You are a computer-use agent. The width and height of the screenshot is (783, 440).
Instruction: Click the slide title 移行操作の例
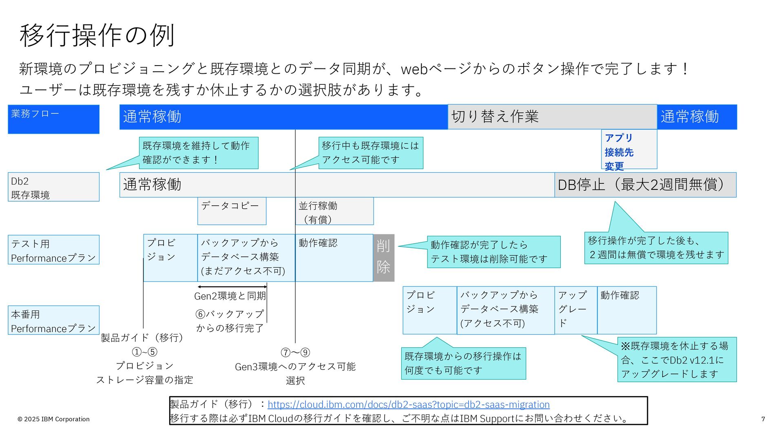pyautogui.click(x=97, y=35)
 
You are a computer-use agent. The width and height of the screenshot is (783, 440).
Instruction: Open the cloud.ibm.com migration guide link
pyautogui.click(x=408, y=405)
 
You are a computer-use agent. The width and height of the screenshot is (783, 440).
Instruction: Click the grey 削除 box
pyautogui.click(x=384, y=257)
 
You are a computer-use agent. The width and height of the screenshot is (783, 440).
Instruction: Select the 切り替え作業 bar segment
pyautogui.click(x=552, y=117)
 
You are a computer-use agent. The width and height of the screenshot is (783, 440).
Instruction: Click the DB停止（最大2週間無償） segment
pyautogui.click(x=645, y=185)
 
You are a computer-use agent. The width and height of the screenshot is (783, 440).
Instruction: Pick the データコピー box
pyautogui.click(x=232, y=211)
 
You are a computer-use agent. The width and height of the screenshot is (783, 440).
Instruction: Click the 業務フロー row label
pyautogui.click(x=53, y=119)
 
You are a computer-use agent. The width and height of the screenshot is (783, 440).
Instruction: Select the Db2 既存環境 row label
pyautogui.click(x=53, y=187)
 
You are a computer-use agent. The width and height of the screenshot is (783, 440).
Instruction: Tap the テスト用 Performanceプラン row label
pyautogui.click(x=53, y=250)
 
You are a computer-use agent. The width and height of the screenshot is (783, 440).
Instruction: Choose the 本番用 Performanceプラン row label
pyautogui.click(x=53, y=320)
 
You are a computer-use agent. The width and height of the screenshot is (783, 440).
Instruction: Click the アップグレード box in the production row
pyautogui.click(x=575, y=310)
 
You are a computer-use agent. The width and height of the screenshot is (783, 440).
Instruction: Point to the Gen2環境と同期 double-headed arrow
pyautogui.click(x=232, y=287)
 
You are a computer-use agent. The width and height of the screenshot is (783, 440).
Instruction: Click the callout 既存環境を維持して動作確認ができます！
pyautogui.click(x=198, y=153)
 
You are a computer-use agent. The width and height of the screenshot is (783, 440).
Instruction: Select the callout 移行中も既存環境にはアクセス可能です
pyautogui.click(x=370, y=153)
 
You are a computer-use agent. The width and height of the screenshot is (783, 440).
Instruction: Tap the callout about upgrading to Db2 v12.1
pyautogui.click(x=677, y=360)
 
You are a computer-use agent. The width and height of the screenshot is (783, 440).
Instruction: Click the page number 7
pyautogui.click(x=763, y=419)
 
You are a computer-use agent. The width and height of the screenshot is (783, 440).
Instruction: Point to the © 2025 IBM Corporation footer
pyautogui.click(x=53, y=419)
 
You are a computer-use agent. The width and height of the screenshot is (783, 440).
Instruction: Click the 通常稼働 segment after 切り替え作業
pyautogui.click(x=697, y=117)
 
